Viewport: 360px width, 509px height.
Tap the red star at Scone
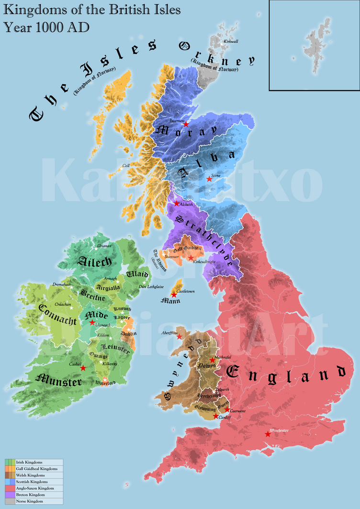click(209, 179)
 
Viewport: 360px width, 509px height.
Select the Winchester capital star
click(268, 434)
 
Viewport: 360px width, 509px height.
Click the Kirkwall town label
click(231, 42)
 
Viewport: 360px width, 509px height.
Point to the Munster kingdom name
click(59, 382)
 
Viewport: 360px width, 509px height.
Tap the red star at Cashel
click(83, 368)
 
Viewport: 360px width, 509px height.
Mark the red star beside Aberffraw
click(179, 336)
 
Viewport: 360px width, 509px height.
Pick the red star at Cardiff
click(215, 417)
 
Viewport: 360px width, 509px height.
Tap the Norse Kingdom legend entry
click(29, 501)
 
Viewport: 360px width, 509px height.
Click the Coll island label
click(126, 166)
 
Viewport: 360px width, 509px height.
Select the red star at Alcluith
click(176, 204)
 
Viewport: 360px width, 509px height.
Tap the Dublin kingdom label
click(128, 333)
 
